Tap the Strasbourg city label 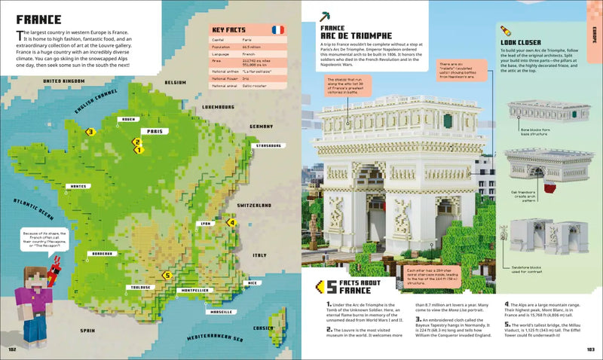pyautogui.click(x=268, y=145)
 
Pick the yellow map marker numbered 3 pyautogui.click(x=90, y=132)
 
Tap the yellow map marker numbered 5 pyautogui.click(x=167, y=276)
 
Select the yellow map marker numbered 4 pyautogui.click(x=232, y=223)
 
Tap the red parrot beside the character pyautogui.click(x=54, y=269)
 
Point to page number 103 pyautogui.click(x=590, y=349)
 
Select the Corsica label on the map pyautogui.click(x=265, y=328)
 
